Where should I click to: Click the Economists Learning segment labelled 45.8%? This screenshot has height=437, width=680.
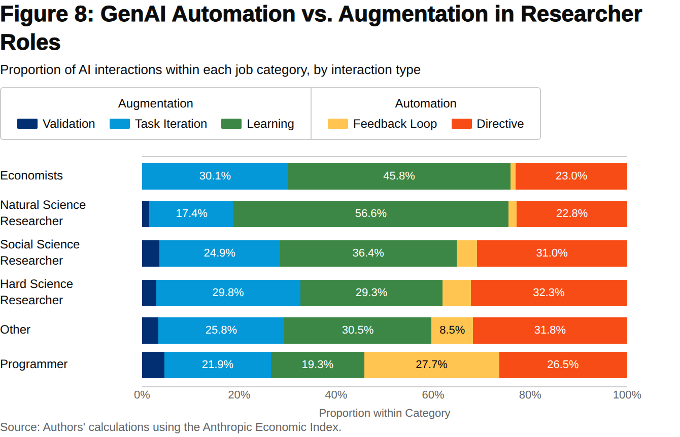pos(399,176)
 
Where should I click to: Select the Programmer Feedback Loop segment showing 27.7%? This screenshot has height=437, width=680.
pos(432,365)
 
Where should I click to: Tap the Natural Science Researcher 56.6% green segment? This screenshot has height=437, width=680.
pos(371,214)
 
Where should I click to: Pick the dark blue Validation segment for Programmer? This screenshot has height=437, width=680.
pos(153,365)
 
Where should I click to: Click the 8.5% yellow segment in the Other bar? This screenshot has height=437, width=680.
pos(452,330)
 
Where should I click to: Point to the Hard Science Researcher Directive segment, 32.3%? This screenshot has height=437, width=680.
pos(549,293)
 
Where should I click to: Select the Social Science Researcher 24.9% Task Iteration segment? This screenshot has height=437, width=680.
pos(220,253)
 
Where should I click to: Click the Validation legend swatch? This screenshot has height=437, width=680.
pos(27,124)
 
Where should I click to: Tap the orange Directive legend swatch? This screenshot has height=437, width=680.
pos(461,124)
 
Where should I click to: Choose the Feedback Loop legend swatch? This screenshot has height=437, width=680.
pos(338,124)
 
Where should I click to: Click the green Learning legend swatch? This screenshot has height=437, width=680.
pos(231,124)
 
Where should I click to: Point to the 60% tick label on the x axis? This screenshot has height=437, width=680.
pos(433,395)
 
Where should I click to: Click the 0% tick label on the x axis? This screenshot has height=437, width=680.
pos(142,395)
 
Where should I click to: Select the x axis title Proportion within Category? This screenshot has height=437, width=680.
pos(385,413)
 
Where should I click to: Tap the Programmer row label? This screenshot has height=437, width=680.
pos(33,364)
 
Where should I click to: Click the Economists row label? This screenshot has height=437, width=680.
pos(31,175)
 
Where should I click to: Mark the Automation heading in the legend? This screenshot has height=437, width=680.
pos(426,103)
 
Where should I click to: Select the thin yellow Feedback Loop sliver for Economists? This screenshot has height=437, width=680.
pos(513,176)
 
